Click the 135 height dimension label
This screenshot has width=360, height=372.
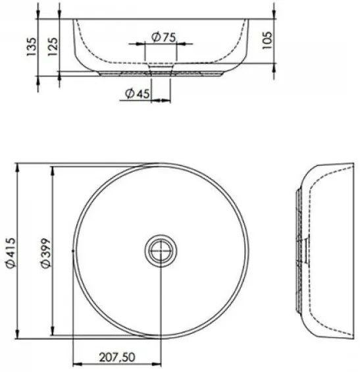(32, 47)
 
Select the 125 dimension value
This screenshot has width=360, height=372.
(53, 47)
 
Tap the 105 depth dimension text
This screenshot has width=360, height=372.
(267, 40)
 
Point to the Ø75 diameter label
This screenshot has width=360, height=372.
(164, 38)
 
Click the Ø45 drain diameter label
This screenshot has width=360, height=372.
(138, 93)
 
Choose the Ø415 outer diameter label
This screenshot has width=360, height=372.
(11, 253)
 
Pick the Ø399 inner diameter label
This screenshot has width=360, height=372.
(45, 253)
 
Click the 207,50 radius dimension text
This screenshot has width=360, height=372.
(117, 357)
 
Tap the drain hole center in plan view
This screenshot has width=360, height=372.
(161, 250)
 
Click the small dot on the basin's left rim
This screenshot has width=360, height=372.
(73, 251)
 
